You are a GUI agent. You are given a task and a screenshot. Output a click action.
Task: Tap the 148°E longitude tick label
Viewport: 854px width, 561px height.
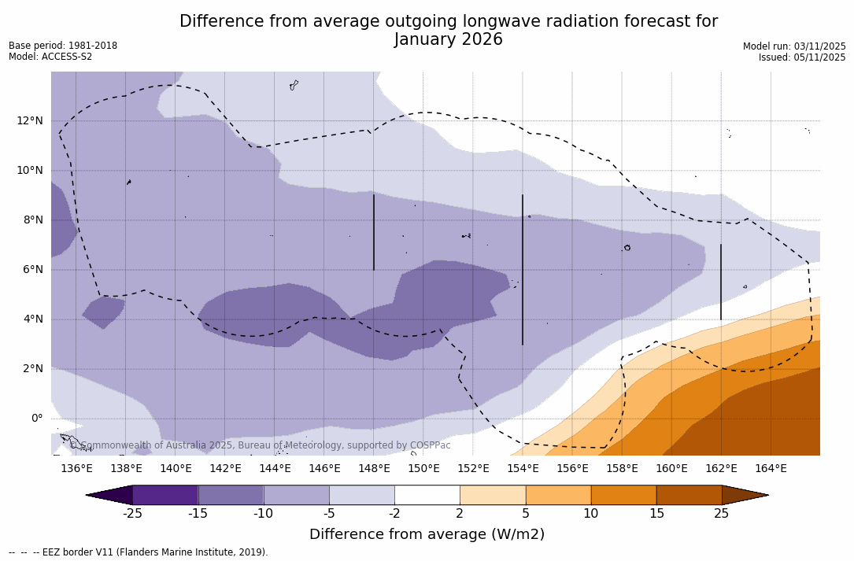[374, 469]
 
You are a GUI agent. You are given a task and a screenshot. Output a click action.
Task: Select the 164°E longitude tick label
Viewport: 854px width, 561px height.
[771, 469]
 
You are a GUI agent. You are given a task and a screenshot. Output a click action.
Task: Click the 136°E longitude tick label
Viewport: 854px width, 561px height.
[76, 469]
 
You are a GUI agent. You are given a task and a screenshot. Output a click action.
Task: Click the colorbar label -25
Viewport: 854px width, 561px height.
[132, 514]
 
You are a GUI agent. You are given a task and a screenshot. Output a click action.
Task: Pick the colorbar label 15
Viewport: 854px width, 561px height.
[656, 514]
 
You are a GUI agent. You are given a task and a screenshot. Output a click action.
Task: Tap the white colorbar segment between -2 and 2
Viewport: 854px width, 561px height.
[427, 495]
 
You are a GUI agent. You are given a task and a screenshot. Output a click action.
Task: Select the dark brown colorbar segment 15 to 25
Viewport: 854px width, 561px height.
[689, 495]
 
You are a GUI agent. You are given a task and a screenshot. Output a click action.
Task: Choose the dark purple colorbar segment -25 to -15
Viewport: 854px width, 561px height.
[165, 495]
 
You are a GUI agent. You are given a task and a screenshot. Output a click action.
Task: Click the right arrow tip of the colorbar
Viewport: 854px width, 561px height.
[767, 495]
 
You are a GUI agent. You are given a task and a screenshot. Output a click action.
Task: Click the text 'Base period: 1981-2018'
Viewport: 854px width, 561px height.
[63, 46]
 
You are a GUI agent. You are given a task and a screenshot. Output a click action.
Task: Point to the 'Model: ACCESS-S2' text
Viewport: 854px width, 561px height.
[50, 57]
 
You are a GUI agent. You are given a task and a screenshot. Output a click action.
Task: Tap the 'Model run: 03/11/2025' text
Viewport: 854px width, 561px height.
[794, 46]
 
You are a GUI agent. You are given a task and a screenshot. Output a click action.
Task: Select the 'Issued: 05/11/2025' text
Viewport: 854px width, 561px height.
[802, 57]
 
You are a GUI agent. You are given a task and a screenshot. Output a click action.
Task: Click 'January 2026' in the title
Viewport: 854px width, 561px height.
[448, 40]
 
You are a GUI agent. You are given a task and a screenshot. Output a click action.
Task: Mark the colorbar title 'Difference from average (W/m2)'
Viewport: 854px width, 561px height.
[427, 535]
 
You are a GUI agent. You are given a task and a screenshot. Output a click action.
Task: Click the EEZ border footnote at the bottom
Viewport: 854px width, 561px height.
[138, 552]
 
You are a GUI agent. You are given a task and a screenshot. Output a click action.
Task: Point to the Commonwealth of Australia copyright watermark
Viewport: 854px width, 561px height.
[261, 445]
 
